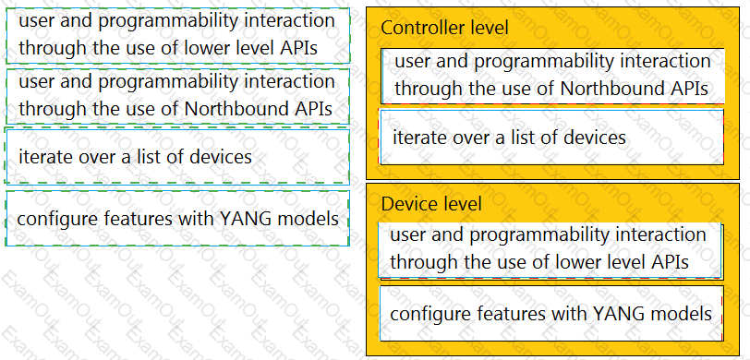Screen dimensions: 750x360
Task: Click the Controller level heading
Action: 444,28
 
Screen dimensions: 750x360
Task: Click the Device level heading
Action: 431,204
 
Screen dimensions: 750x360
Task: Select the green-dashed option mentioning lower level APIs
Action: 177,35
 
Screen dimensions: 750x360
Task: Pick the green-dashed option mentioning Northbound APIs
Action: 177,96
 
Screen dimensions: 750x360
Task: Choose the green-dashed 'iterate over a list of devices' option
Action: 177,156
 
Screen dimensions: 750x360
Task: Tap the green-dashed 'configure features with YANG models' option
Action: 177,219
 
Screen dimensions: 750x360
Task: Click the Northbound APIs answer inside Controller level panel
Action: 552,76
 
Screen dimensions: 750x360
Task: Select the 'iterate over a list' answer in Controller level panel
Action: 551,138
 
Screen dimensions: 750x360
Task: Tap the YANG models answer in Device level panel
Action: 551,314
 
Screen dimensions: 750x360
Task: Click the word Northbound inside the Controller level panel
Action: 612,89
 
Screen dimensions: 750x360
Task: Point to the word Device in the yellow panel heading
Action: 406,204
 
